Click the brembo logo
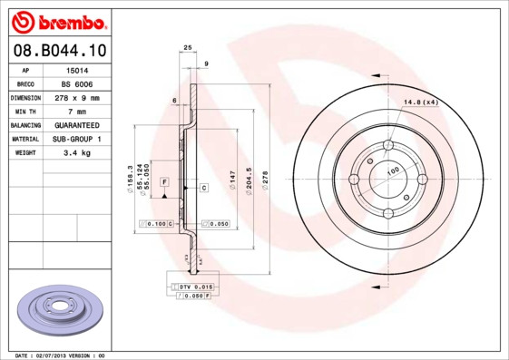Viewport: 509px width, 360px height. (x=56, y=20)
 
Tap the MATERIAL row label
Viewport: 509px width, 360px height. (x=24, y=139)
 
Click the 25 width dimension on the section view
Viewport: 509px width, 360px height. (x=188, y=46)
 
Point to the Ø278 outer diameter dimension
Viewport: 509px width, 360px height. (x=265, y=179)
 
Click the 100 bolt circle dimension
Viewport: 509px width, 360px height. (x=393, y=170)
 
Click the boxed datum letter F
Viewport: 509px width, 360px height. (x=164, y=182)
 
